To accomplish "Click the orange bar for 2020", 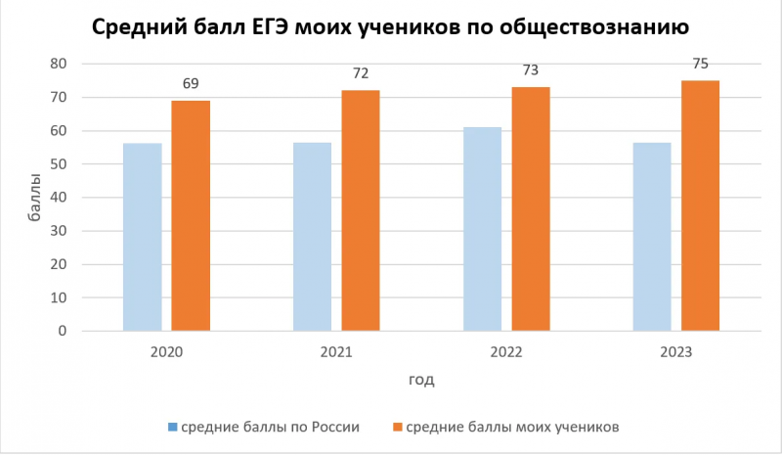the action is click(x=191, y=216).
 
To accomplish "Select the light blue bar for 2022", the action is click(x=482, y=229).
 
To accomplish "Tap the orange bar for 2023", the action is click(x=700, y=205).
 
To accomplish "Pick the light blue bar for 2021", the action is click(x=312, y=237).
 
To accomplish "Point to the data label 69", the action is click(x=191, y=83).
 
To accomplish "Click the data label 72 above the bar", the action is click(x=361, y=73).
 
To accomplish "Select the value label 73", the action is click(x=531, y=69).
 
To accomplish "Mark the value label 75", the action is click(x=700, y=64).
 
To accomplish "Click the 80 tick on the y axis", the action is click(x=58, y=64).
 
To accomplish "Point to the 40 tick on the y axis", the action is click(x=58, y=198).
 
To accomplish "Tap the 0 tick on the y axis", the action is click(x=62, y=331).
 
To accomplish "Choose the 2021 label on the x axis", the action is click(x=336, y=352).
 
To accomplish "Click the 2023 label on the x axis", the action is click(x=676, y=352).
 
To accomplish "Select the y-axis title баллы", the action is click(x=34, y=198).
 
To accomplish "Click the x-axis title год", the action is click(x=421, y=380).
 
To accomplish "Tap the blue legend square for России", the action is click(x=173, y=428).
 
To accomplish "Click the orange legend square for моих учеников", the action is click(x=398, y=428).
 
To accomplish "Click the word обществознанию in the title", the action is click(x=594, y=27).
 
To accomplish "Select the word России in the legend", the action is click(x=335, y=428).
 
